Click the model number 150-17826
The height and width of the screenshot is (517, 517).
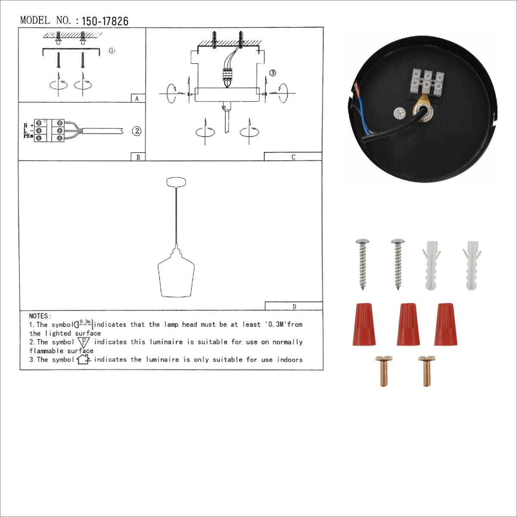click(x=105, y=21)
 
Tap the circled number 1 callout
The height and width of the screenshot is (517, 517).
click(x=112, y=50)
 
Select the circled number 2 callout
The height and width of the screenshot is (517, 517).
click(x=137, y=131)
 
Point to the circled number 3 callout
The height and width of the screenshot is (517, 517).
click(x=273, y=73)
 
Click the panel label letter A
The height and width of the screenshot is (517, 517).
click(x=137, y=99)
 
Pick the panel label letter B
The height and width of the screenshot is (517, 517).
click(x=138, y=157)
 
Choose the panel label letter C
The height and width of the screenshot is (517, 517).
click(x=293, y=157)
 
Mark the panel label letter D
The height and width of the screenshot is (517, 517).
click(x=294, y=307)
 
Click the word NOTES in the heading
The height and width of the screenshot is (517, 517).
click(x=40, y=316)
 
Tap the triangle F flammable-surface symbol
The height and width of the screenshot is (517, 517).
click(x=84, y=343)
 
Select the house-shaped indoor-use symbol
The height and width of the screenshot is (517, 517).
click(x=83, y=359)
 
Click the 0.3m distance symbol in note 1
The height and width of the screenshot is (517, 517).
click(x=84, y=324)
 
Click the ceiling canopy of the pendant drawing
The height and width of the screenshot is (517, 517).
click(x=176, y=182)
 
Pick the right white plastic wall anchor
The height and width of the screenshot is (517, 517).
click(x=472, y=265)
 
